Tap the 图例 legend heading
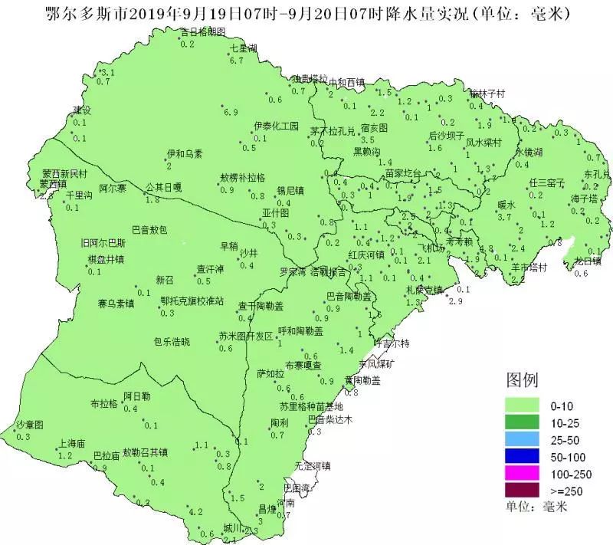point(522,379)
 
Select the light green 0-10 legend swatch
point(525,405)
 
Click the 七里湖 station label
point(243,48)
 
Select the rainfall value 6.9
point(231,113)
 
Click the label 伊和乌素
point(185,154)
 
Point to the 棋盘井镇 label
point(106,260)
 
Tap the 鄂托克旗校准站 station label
point(192,301)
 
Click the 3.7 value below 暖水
point(504,218)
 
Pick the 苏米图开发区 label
point(245,336)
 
